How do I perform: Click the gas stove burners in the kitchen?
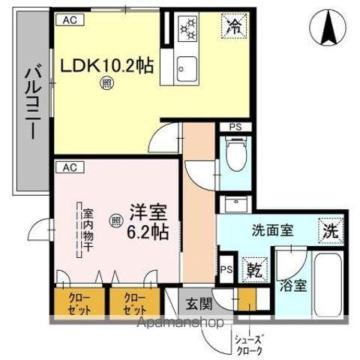[188, 29]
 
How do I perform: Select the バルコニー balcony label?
[32, 101]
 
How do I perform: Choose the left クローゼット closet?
[78, 302]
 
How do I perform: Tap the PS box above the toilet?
[235, 127]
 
